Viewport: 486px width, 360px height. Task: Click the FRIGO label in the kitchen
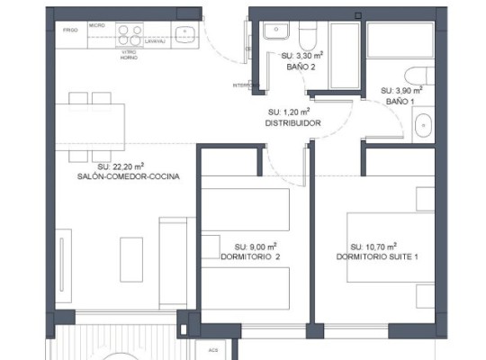tap(69, 30)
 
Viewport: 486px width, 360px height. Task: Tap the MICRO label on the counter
tap(96, 25)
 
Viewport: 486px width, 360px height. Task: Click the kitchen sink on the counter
tap(186, 34)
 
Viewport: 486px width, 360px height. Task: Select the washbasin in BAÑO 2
tap(274, 32)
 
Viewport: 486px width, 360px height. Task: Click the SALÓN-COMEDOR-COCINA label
tap(129, 177)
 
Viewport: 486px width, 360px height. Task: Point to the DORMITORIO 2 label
tap(250, 256)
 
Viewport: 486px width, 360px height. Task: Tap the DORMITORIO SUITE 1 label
tap(378, 256)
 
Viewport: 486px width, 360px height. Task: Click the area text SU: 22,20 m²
tap(121, 166)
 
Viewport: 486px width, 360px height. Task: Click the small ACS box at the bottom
tap(213, 350)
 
